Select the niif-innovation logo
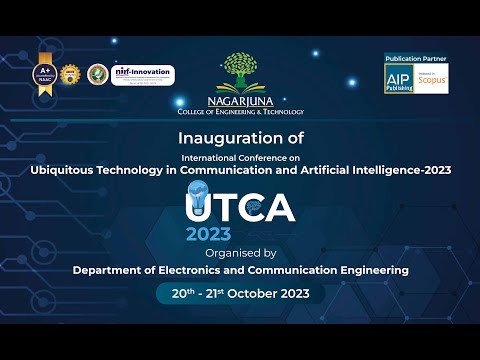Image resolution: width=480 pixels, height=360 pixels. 143,75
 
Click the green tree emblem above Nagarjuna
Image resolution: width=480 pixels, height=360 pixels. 241,72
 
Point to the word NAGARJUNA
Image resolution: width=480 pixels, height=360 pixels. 241,101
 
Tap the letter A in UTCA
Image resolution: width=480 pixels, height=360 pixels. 279,207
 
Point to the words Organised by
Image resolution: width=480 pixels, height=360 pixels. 239,253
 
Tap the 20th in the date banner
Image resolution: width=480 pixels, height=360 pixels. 180,295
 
